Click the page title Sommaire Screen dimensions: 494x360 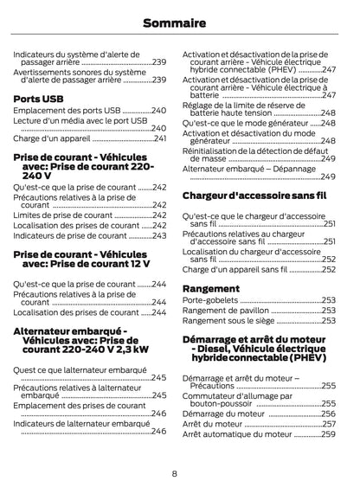(179, 22)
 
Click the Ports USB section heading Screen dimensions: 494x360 (39, 99)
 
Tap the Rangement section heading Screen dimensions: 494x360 (211, 287)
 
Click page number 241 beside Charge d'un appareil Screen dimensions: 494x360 (159, 138)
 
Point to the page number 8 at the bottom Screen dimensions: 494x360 (174, 473)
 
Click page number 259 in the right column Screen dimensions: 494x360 (328, 434)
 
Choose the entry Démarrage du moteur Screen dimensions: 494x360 (221, 414)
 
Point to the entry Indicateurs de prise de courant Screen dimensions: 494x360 (70, 235)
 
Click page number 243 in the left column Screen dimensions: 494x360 (159, 235)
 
